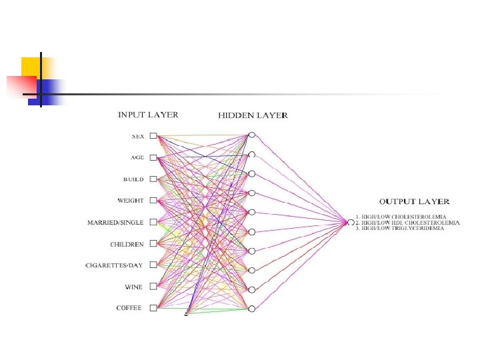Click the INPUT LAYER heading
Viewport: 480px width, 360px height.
(148, 115)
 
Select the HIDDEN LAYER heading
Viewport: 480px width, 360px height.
(253, 115)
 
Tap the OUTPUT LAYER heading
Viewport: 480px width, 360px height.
(414, 201)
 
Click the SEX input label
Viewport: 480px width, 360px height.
(138, 137)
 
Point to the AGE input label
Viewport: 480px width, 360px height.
(138, 158)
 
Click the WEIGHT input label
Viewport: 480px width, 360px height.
(131, 201)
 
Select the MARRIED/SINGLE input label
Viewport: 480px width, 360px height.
(116, 222)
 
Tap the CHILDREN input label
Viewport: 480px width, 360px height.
(127, 244)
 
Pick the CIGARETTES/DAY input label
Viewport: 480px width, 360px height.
(114, 265)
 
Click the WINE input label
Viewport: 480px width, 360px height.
(134, 287)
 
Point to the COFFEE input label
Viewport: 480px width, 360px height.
(129, 308)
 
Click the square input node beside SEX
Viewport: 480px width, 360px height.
(153, 136)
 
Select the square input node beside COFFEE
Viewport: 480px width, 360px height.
(153, 307)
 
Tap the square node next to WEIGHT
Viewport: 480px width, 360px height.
(153, 200)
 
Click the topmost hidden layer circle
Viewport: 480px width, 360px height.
(251, 135)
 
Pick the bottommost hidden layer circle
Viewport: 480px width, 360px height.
(251, 309)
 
